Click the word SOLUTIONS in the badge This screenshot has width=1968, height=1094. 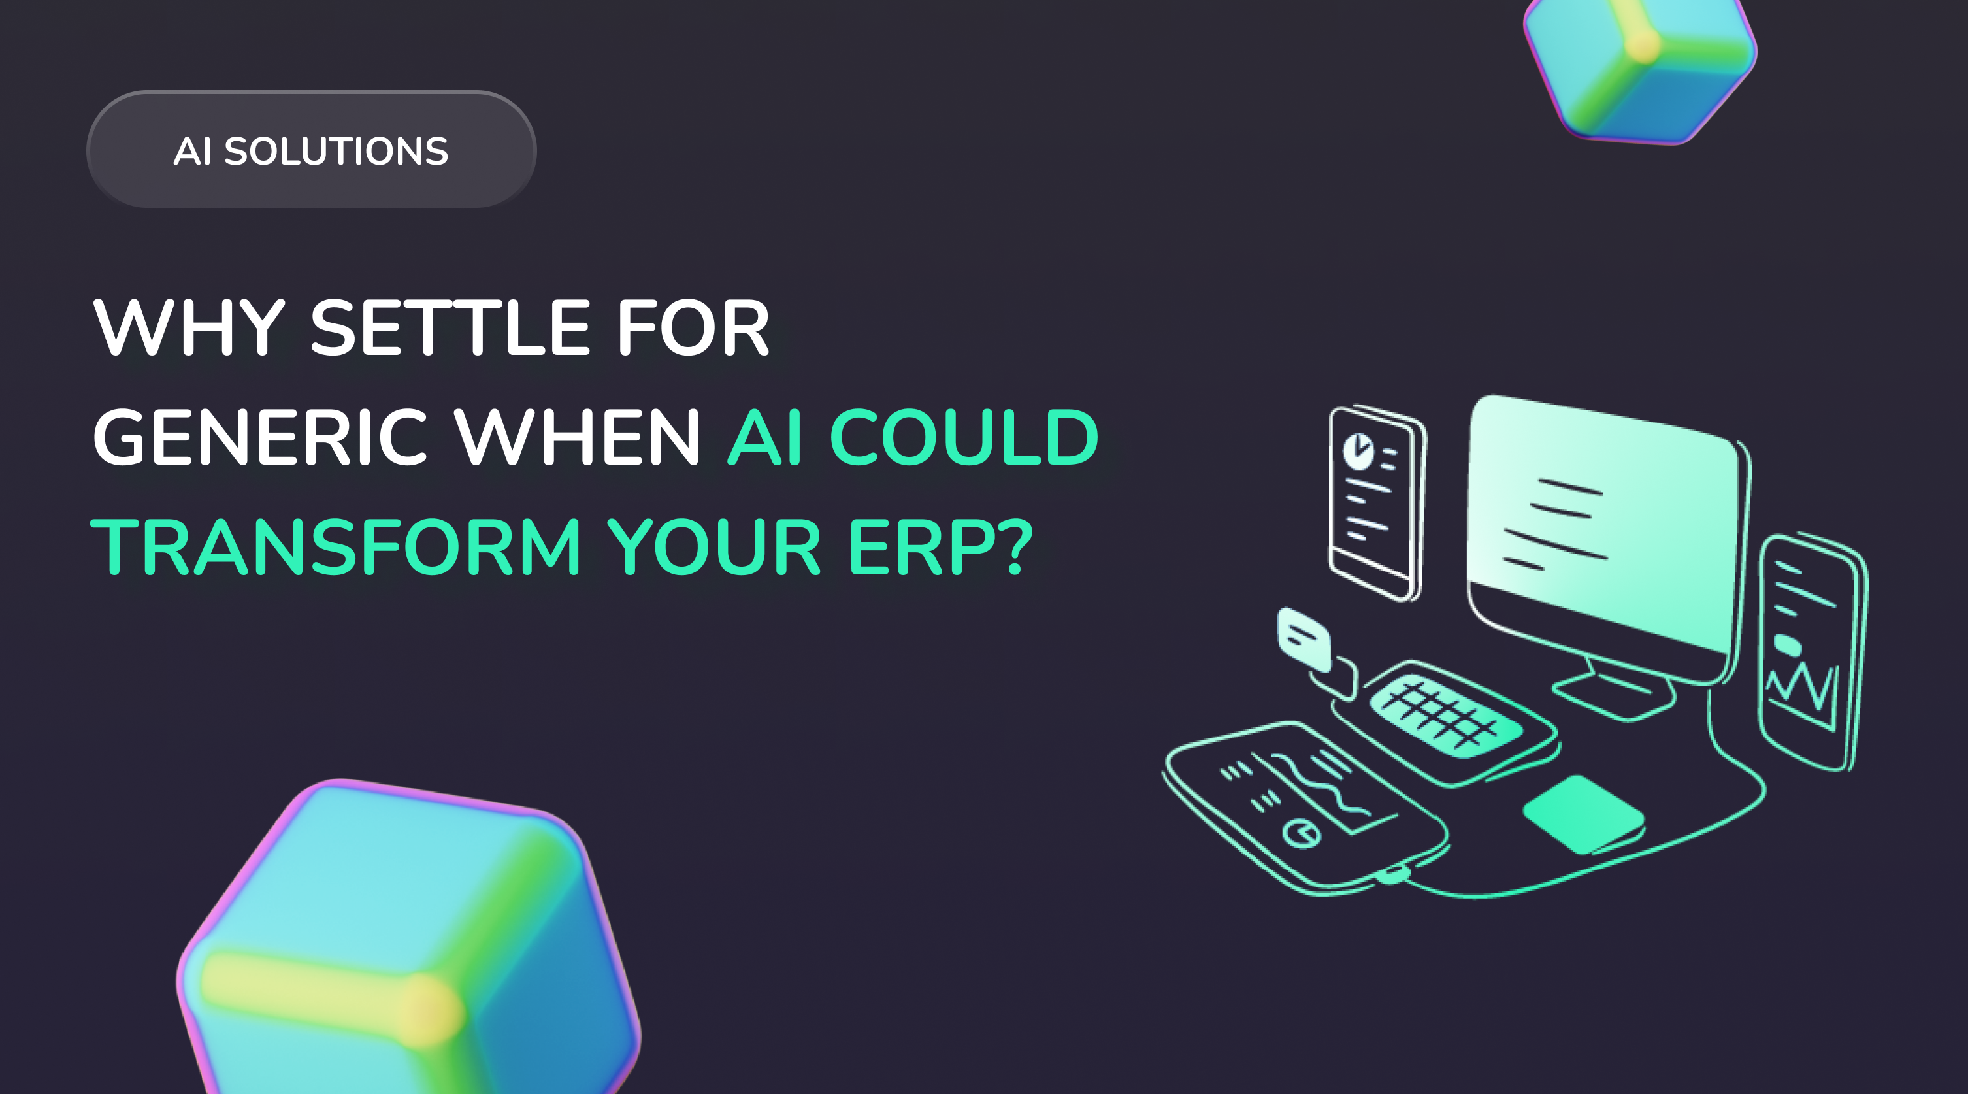[x=336, y=151]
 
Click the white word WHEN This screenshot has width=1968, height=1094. [x=578, y=437]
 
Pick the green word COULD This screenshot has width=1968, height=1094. [x=964, y=437]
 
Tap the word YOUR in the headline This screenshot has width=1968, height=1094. [x=714, y=547]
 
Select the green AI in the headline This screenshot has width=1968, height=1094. [x=764, y=437]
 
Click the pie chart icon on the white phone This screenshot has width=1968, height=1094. [x=1358, y=451]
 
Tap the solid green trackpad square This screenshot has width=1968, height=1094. [x=1583, y=814]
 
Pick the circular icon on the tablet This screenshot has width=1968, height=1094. [x=1300, y=832]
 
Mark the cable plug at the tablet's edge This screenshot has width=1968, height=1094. [x=1394, y=873]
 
